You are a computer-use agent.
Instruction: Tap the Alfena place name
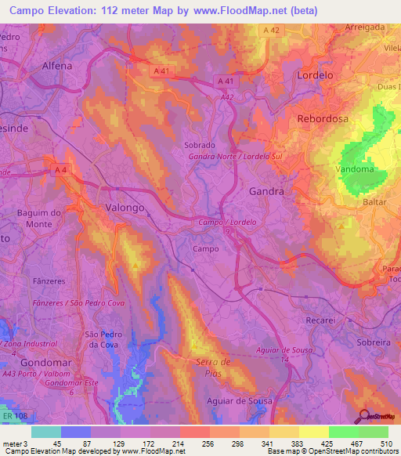pos(57,66)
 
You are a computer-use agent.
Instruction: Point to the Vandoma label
pos(354,169)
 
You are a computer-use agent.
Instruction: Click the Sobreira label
pos(373,343)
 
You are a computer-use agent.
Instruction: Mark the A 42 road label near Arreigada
pos(271,30)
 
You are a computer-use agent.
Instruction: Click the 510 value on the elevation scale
pos(385,443)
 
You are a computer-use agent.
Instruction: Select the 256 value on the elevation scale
pos(207,443)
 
